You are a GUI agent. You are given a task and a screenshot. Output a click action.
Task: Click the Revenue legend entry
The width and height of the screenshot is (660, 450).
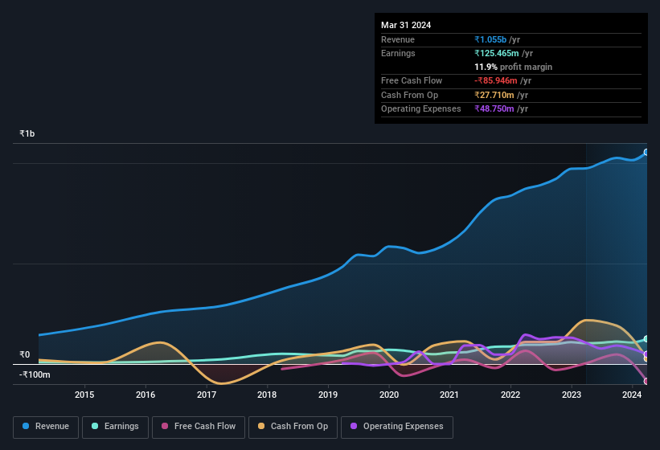point(46,427)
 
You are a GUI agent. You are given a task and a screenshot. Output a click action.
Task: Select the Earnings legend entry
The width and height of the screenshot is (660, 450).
point(115,427)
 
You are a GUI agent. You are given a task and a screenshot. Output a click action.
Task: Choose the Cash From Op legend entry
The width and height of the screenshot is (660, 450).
point(292,427)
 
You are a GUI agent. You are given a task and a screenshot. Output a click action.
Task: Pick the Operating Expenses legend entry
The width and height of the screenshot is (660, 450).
point(396,427)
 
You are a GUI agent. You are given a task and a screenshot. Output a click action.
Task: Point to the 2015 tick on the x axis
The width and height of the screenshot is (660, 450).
point(84,395)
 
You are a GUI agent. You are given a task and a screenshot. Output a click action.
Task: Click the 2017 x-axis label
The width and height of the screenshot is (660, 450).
point(206,395)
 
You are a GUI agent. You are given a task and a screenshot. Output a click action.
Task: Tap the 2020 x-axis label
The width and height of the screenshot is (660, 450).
point(388,395)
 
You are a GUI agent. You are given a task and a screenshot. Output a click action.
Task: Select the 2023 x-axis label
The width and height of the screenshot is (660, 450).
point(571,395)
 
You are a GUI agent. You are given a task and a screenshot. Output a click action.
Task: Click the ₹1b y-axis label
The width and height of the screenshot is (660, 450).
point(27,133)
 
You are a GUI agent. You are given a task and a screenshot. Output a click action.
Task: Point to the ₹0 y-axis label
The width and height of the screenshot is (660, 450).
point(25,354)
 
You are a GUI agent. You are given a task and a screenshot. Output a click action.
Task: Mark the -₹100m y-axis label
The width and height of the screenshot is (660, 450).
point(35,374)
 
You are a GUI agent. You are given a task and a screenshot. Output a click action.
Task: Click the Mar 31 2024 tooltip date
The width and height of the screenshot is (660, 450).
point(406,25)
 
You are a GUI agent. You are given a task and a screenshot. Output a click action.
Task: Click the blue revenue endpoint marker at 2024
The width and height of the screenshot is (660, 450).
point(646,152)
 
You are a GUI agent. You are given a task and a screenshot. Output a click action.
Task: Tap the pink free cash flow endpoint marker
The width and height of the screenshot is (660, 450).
point(646,381)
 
